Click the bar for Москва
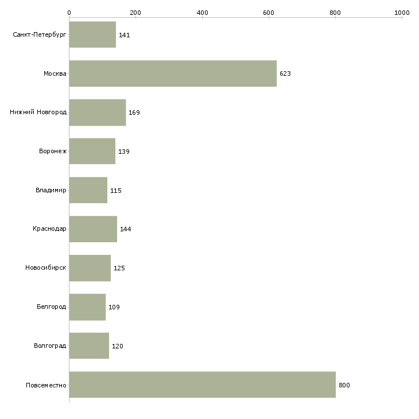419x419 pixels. click(173, 73)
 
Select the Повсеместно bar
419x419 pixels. click(202, 385)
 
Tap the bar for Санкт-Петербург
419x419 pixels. click(92, 34)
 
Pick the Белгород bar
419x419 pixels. click(87, 307)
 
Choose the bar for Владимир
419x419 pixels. click(88, 190)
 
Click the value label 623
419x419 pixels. click(285, 73)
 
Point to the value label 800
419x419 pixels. click(344, 385)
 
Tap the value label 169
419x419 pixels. click(134, 112)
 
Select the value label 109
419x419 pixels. click(114, 307)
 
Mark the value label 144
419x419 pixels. click(125, 229)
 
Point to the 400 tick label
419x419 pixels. click(202, 13)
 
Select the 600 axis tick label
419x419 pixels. click(269, 13)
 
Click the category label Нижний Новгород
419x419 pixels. click(38, 112)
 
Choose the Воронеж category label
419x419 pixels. click(53, 151)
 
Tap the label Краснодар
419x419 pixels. click(49, 229)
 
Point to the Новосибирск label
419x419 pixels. click(46, 267)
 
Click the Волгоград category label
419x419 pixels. click(50, 346)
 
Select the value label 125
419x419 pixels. click(119, 268)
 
